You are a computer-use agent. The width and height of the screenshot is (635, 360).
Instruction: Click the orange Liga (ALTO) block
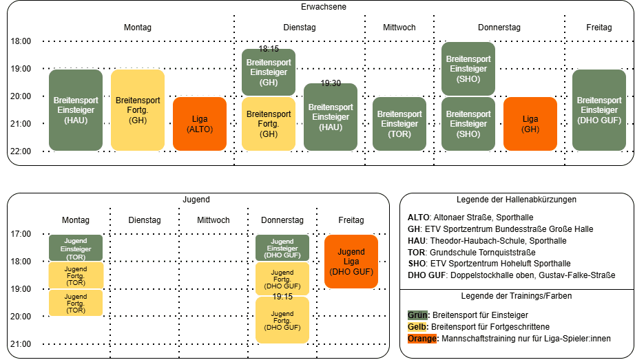click(200, 124)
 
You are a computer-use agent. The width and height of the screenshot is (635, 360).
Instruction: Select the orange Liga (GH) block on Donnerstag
click(530, 124)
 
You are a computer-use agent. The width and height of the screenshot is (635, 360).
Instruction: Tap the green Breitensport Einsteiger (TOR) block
click(399, 124)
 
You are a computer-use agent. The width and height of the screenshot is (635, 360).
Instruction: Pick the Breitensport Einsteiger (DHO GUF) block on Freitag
click(599, 110)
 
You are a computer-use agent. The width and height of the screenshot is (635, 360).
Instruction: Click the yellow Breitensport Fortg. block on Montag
click(138, 110)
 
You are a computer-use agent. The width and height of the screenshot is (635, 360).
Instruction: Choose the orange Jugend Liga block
click(351, 262)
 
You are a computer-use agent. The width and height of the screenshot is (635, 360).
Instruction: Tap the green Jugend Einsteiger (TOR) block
click(76, 248)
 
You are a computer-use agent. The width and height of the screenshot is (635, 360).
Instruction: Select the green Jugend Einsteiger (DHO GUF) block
click(282, 248)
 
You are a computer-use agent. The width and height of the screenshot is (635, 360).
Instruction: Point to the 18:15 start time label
click(269, 49)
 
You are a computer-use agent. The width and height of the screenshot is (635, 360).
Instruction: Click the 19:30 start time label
click(331, 83)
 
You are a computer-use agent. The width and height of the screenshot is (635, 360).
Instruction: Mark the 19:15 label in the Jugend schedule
click(282, 297)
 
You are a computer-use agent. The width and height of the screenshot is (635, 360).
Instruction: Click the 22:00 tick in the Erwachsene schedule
click(21, 151)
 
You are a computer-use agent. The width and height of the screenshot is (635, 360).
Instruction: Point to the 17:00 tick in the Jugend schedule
click(21, 233)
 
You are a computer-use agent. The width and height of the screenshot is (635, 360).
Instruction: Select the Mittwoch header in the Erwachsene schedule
click(399, 28)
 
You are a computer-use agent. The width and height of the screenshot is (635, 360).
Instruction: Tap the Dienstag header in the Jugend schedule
click(145, 220)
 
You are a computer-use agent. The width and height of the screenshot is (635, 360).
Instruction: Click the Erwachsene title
click(324, 7)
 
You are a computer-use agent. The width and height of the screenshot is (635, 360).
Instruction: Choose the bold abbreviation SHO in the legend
click(417, 264)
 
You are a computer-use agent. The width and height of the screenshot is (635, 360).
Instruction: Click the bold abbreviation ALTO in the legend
click(418, 218)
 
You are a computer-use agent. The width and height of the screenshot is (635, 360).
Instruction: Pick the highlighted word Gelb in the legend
click(417, 327)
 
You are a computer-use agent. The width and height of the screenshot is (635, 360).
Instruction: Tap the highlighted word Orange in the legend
click(422, 339)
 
